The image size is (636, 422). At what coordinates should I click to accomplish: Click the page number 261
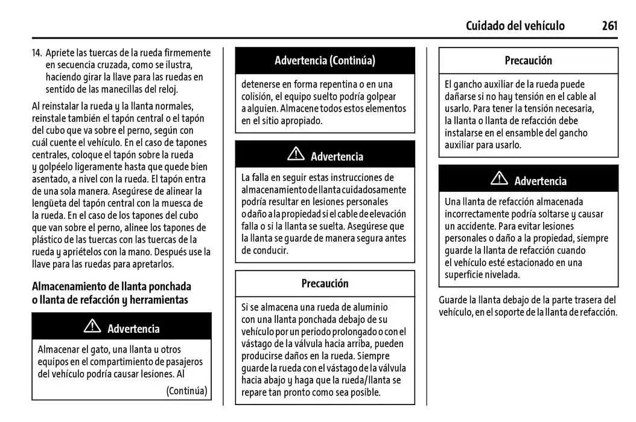(x=609, y=25)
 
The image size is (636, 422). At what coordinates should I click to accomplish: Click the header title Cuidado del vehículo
(x=515, y=25)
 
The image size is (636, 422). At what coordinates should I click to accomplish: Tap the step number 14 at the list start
(x=37, y=52)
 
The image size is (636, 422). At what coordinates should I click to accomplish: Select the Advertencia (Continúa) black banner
(x=325, y=60)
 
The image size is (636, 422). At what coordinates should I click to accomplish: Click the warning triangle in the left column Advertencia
(x=92, y=327)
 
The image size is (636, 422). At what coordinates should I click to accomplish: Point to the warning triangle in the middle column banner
(x=296, y=154)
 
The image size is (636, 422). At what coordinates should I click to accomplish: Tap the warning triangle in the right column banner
(x=499, y=178)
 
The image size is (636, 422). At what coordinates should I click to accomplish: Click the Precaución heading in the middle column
(x=325, y=283)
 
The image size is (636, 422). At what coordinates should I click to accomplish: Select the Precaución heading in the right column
(x=528, y=60)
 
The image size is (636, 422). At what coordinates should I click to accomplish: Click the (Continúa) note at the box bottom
(x=186, y=391)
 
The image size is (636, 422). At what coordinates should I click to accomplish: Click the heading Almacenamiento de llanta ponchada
(x=112, y=286)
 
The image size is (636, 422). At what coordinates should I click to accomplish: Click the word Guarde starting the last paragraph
(x=454, y=300)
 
